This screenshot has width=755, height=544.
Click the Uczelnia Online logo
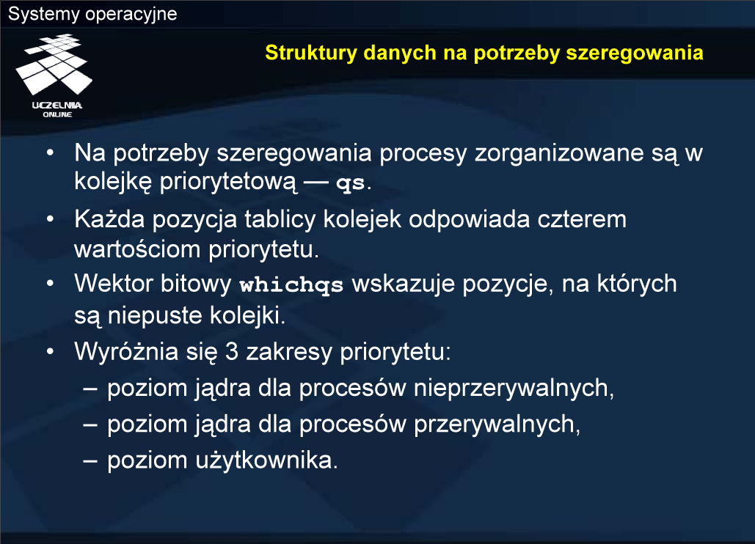pyautogui.click(x=54, y=76)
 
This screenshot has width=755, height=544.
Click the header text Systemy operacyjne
pyautogui.click(x=92, y=14)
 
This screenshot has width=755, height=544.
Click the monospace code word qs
pyautogui.click(x=351, y=184)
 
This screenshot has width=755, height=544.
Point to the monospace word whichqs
pyautogui.click(x=291, y=285)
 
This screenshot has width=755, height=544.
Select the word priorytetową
pyautogui.click(x=228, y=183)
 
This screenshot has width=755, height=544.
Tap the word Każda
pyautogui.click(x=109, y=219)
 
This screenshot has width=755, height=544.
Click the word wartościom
pyautogui.click(x=137, y=249)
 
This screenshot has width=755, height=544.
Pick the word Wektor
pyautogui.click(x=114, y=283)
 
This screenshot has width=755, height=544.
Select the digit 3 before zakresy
pyautogui.click(x=232, y=352)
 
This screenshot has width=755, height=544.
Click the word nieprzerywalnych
pyautogui.click(x=514, y=389)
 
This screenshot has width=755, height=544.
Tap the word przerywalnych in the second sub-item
pyautogui.click(x=497, y=424)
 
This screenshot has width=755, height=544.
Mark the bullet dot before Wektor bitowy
pyautogui.click(x=50, y=284)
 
